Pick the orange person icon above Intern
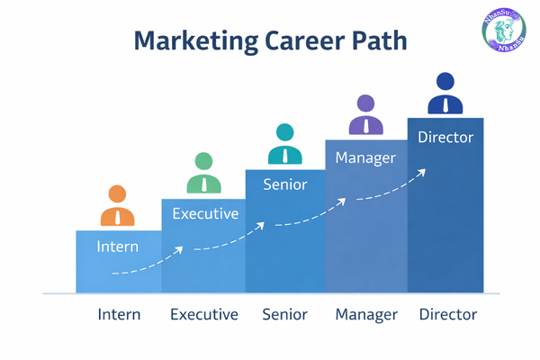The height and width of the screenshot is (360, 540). (x=117, y=206)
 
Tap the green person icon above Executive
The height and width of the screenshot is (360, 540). (x=203, y=174)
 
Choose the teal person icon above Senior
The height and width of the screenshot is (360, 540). (x=285, y=143)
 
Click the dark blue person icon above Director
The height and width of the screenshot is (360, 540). (x=445, y=94)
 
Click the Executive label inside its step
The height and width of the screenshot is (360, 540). (x=205, y=213)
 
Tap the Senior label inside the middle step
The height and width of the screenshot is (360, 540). (x=285, y=184)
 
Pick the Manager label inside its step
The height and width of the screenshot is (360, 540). (x=365, y=158)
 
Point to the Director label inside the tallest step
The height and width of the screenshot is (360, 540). (x=445, y=137)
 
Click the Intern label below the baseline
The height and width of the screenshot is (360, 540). (x=118, y=315)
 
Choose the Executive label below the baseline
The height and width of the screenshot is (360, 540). (x=204, y=315)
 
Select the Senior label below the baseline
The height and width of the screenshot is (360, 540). (x=285, y=315)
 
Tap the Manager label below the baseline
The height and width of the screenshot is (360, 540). (x=365, y=315)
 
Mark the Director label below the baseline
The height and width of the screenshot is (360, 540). (x=447, y=315)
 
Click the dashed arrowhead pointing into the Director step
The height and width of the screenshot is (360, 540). (x=423, y=172)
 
